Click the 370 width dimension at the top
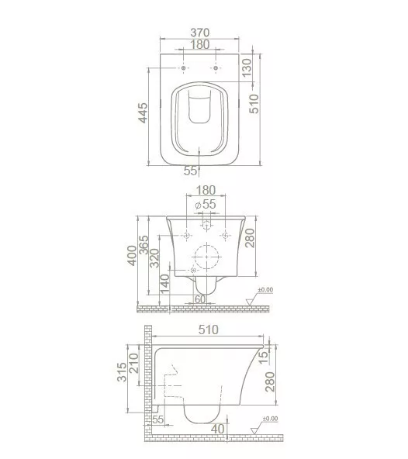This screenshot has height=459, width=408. pos(200,33)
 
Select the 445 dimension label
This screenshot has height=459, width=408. pos(143,112)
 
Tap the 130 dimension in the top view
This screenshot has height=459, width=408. pos(247,67)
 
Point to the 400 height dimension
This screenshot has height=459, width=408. pos(132,256)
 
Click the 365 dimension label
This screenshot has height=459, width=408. pos(143,244)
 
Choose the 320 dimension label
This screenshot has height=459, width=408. pos(154,258)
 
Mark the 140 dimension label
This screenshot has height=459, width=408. pos(165,284)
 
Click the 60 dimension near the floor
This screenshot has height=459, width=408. pos(200,299)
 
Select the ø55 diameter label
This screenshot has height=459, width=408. pos(206,204)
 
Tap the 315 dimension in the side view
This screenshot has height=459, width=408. pos(122,372)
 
